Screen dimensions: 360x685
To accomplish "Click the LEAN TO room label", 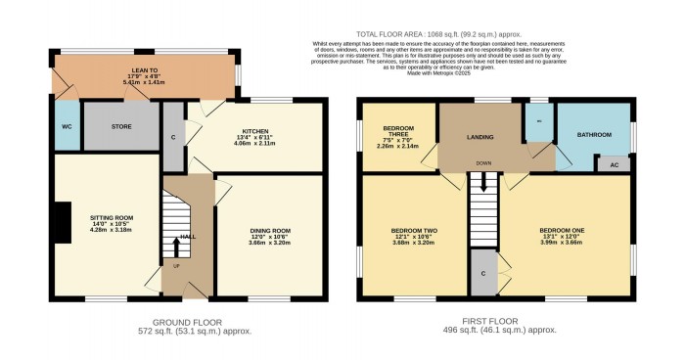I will (145, 70).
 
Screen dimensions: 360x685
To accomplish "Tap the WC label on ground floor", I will (68, 126).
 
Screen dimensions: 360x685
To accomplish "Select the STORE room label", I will (121, 125).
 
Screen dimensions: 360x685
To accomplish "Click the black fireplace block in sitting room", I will (62, 220).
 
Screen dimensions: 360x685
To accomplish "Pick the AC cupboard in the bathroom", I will (613, 163).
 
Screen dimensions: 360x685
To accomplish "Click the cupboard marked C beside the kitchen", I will (172, 137).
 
